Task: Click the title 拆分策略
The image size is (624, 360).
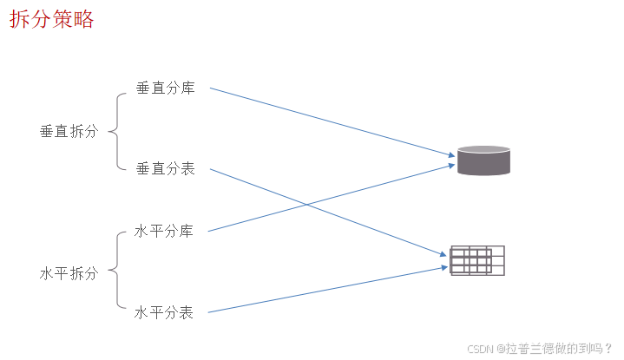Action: (x=52, y=20)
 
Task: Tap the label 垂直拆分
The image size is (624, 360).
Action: (x=69, y=131)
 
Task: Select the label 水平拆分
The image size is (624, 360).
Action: (x=69, y=272)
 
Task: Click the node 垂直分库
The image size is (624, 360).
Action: (x=165, y=88)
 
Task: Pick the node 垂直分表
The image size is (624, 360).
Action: (x=165, y=168)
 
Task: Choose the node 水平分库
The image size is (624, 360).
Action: (x=164, y=231)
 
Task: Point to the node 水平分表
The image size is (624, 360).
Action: (x=164, y=312)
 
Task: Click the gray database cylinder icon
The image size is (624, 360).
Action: (x=483, y=161)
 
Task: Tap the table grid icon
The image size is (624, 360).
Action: (x=477, y=260)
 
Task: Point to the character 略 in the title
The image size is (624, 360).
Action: (x=84, y=20)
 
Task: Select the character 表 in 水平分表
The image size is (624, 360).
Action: (x=187, y=312)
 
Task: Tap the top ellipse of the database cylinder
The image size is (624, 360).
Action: (x=483, y=150)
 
